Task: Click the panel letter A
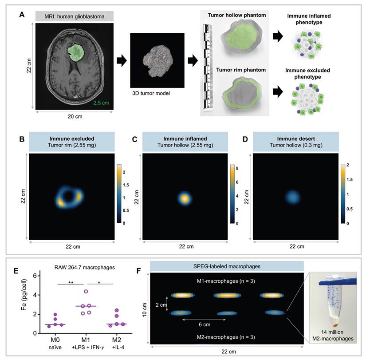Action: click(x=21, y=15)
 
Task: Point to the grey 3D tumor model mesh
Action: click(x=157, y=61)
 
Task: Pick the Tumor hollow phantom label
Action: click(x=237, y=16)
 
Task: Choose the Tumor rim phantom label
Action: click(x=233, y=70)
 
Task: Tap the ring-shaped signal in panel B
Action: click(x=69, y=197)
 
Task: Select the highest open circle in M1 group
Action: click(x=87, y=292)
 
